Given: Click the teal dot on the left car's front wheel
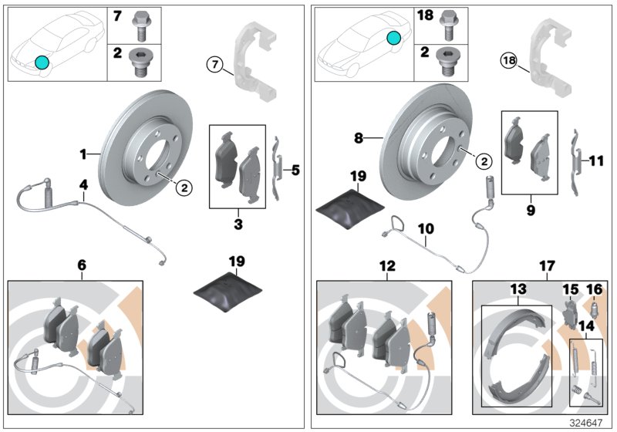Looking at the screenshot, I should point(42,62).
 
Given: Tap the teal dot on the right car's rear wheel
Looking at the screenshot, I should point(394,38).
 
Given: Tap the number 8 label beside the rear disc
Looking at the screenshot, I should point(358,138).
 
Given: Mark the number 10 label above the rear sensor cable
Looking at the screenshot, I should point(427,228).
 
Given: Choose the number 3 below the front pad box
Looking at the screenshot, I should point(238,224).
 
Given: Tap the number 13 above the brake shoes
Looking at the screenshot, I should point(518,289).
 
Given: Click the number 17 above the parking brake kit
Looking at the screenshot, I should point(547,266).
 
